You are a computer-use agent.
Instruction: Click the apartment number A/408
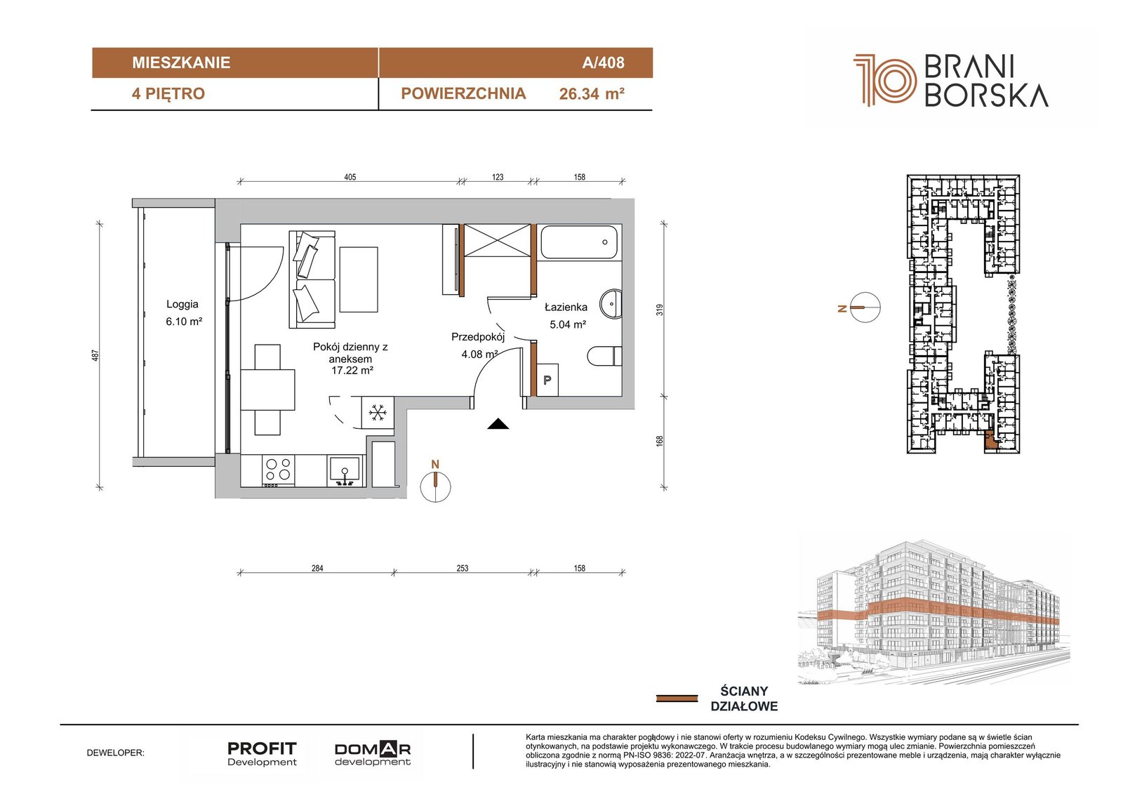pyautogui.click(x=603, y=62)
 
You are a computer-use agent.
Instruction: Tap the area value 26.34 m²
pyautogui.click(x=592, y=94)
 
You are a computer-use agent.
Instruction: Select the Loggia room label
pyautogui.click(x=182, y=304)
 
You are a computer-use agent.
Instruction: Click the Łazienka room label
pyautogui.click(x=566, y=307)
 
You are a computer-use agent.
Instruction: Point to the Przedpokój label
pyautogui.click(x=478, y=337)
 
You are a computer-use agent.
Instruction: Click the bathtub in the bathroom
pyautogui.click(x=580, y=242)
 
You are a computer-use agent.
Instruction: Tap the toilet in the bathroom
pyautogui.click(x=604, y=357)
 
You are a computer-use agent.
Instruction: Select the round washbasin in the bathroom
pyautogui.click(x=611, y=303)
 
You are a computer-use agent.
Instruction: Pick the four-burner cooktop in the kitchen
pyautogui.click(x=278, y=470)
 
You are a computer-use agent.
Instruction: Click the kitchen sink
pyautogui.click(x=345, y=470)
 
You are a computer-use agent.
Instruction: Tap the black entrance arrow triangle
pyautogui.click(x=498, y=424)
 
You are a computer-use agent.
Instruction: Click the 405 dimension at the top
pyautogui.click(x=350, y=177)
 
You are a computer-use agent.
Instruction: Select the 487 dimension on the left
pyautogui.click(x=95, y=355)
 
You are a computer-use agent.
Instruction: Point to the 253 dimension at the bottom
pyautogui.click(x=463, y=568)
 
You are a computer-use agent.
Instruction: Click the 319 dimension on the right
pyautogui.click(x=660, y=310)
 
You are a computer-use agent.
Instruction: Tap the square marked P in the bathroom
pyautogui.click(x=547, y=380)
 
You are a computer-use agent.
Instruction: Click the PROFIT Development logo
pyautogui.click(x=263, y=754)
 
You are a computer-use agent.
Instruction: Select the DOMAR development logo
pyautogui.click(x=373, y=754)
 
